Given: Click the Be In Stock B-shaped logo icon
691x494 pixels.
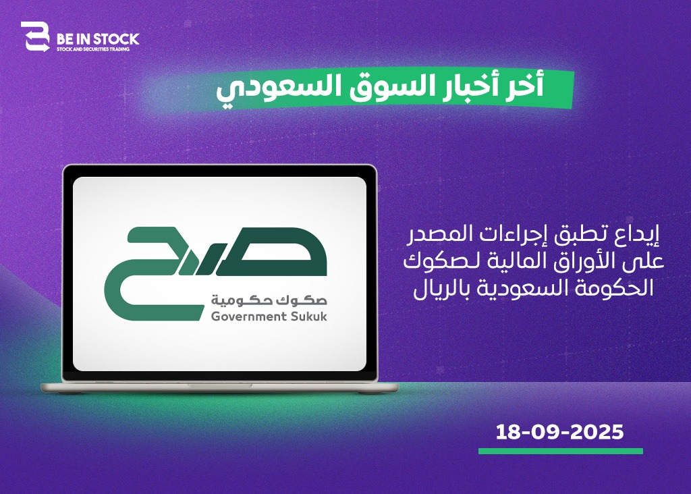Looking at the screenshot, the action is [x=35, y=36].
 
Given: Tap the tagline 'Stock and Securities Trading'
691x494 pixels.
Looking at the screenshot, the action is [x=93, y=49].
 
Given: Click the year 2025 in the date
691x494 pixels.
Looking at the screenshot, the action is [x=597, y=432].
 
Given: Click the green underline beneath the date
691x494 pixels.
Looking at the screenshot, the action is [x=561, y=451].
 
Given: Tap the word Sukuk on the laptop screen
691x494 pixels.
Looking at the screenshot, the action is [x=309, y=317].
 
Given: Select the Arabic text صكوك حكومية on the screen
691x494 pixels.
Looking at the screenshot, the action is [x=269, y=300].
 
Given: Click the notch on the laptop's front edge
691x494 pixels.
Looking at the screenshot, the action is [x=220, y=385].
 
